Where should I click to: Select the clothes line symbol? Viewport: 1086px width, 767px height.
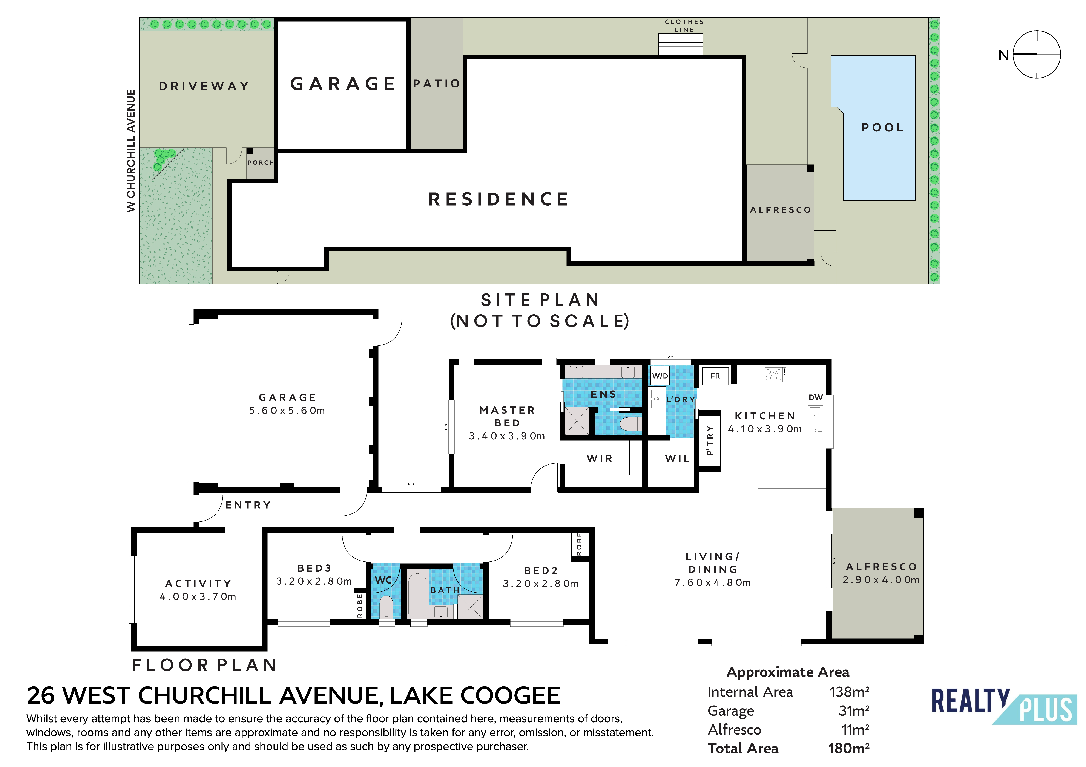point(681,43)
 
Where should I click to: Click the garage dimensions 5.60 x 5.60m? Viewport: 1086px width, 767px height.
point(287,410)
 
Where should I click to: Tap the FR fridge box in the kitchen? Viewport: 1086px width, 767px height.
point(715,376)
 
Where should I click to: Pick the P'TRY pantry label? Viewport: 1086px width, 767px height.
point(709,440)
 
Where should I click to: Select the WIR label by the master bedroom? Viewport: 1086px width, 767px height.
point(600,459)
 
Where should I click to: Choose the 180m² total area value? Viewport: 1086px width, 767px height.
point(849,748)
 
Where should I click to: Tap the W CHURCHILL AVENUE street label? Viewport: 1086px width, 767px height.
point(131,150)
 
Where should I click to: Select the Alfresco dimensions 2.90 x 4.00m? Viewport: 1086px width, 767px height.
point(881,580)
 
